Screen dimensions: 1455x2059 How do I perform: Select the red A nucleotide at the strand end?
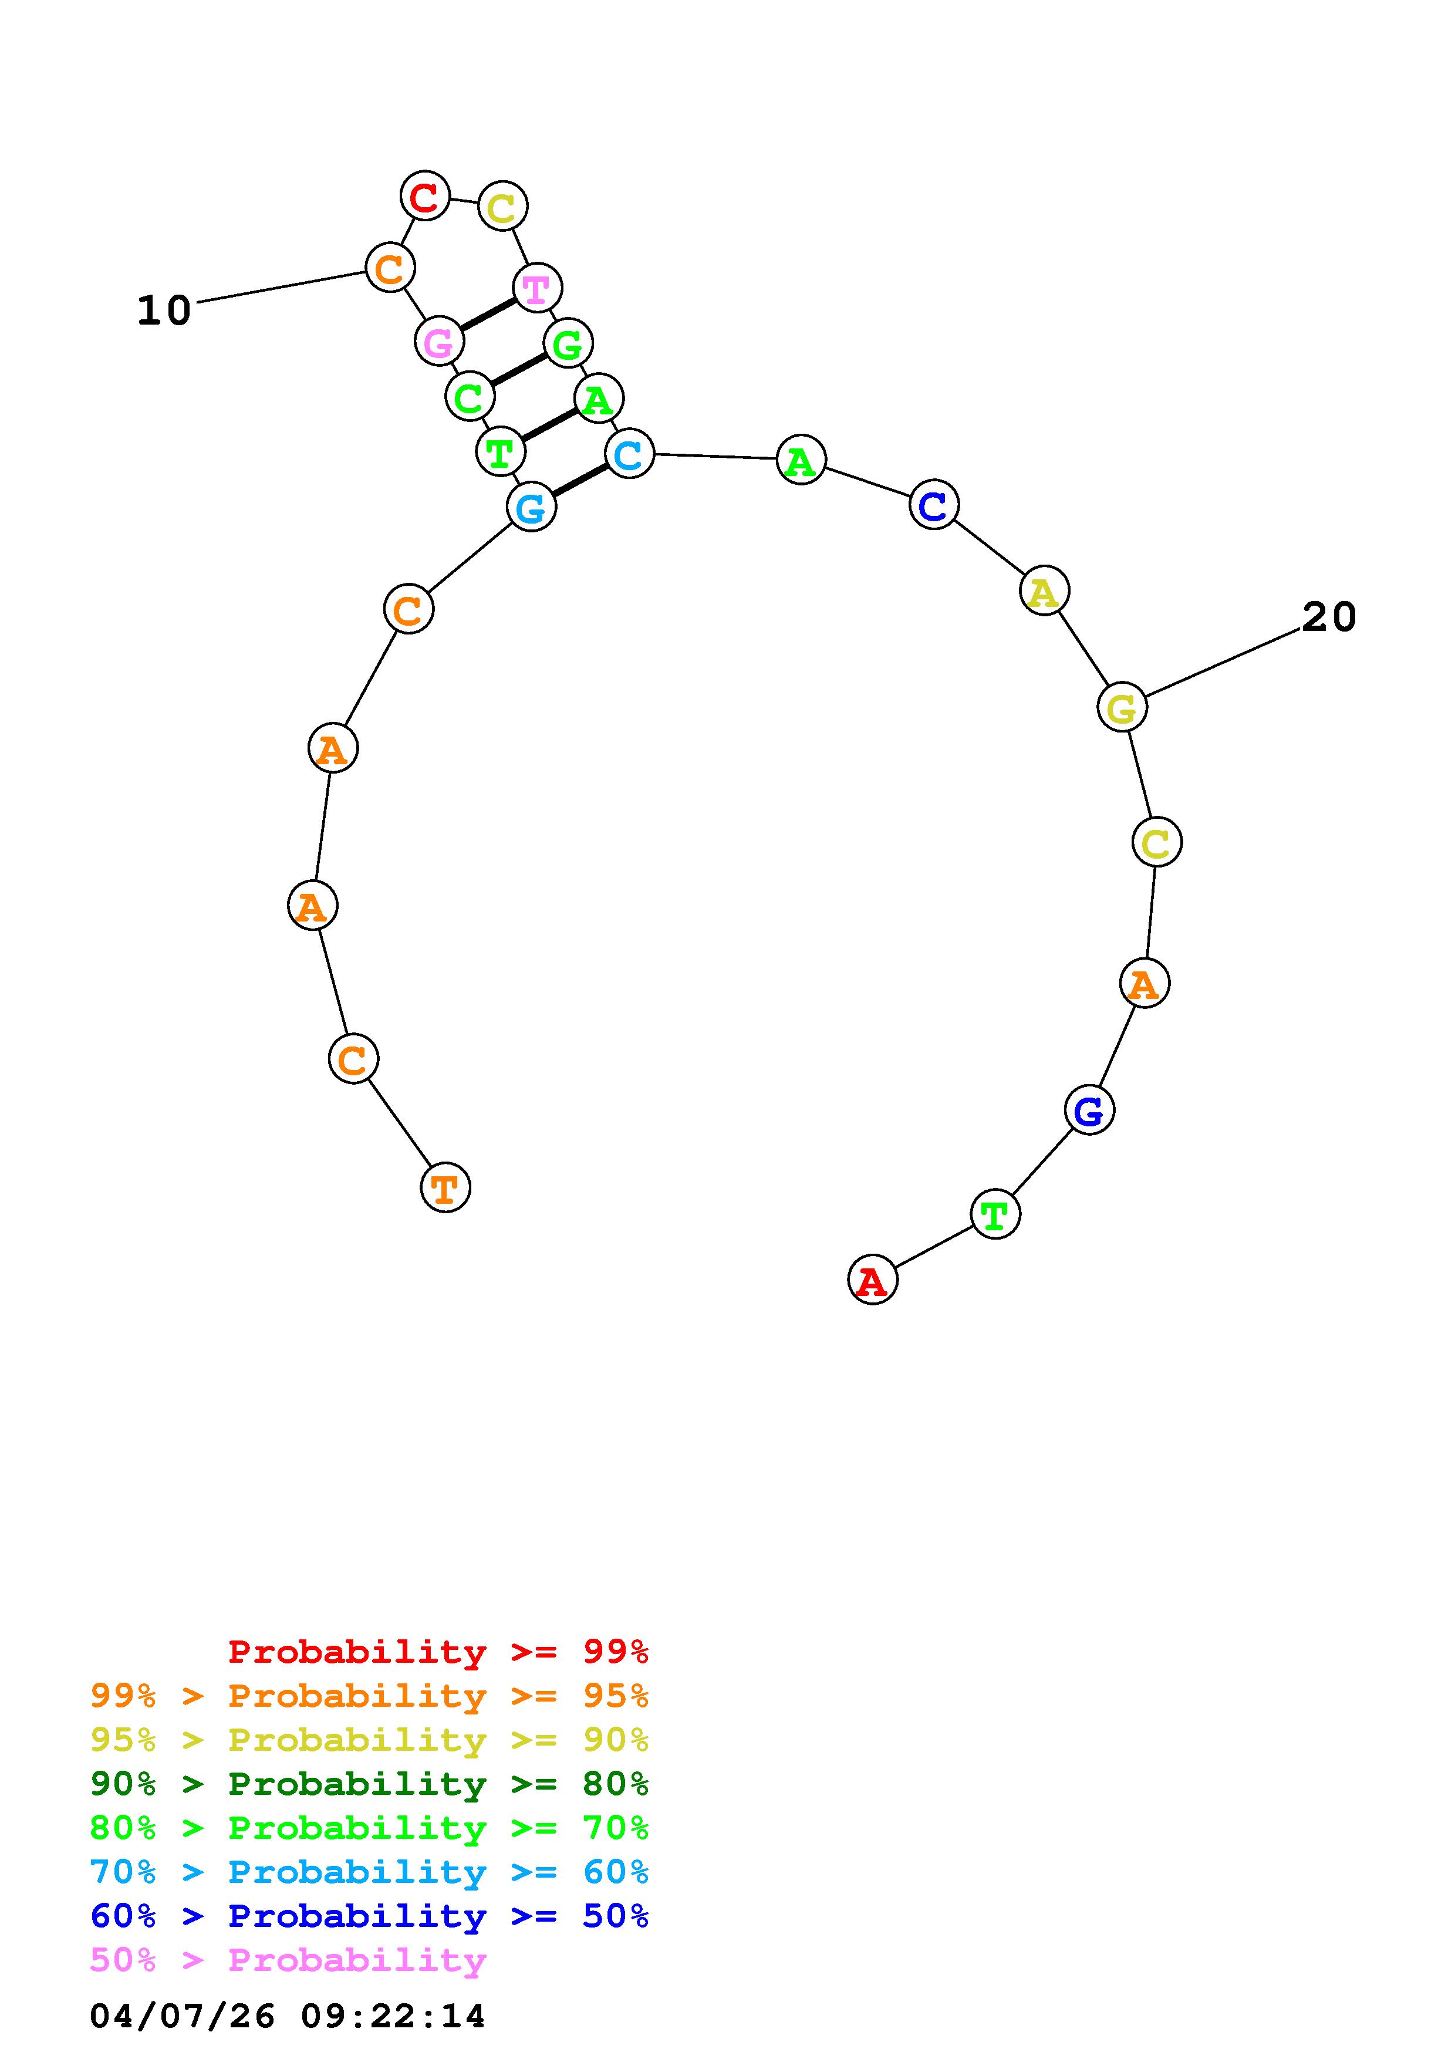coord(872,1280)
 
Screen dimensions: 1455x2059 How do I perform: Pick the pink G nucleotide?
coord(439,341)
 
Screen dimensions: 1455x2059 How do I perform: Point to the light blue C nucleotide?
coord(629,454)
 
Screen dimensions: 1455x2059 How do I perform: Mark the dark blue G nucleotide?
coord(1089,1110)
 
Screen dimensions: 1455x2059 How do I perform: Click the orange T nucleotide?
coord(445,1187)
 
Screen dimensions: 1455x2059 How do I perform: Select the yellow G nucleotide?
coord(1122,707)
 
